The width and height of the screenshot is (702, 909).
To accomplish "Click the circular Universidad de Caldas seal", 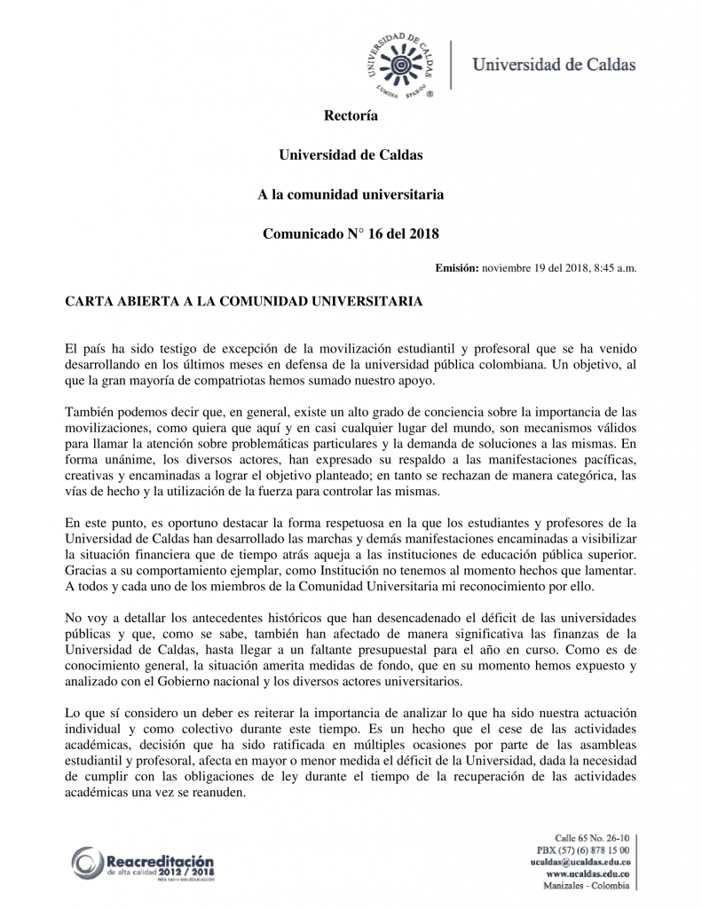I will coord(400,65).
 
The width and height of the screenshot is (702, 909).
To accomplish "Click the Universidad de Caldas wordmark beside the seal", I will coord(553,64).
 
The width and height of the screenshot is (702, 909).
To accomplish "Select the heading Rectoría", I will coord(351,115).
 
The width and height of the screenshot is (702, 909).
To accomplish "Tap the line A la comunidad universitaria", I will coord(351,194).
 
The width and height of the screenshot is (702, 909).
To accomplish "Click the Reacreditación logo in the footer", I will coord(144,864).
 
